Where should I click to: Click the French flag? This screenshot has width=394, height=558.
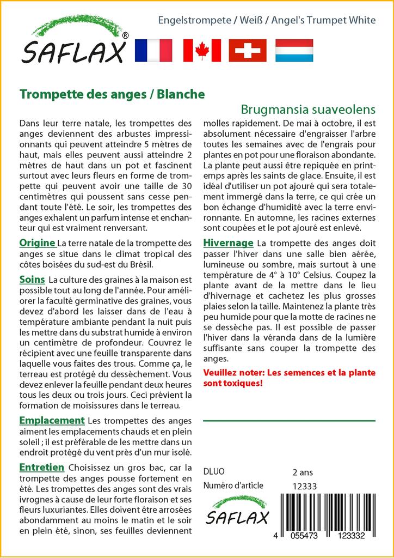click(152, 50)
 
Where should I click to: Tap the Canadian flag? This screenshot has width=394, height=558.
click(202, 50)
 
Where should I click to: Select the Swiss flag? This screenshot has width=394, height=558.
click(248, 50)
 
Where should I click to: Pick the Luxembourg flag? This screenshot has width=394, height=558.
click(294, 50)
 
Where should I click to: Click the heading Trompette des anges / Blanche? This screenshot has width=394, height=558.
click(112, 94)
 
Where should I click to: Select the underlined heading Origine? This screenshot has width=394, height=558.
click(37, 242)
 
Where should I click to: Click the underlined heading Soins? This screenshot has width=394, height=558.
click(32, 279)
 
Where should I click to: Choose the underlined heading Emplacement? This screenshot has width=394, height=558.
click(52, 420)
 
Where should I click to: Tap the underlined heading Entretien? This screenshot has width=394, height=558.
click(42, 467)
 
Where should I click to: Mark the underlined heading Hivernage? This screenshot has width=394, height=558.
click(228, 242)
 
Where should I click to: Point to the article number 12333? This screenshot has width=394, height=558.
click(305, 486)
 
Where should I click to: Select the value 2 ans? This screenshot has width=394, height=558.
click(303, 471)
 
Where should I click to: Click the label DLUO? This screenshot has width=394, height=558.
click(213, 471)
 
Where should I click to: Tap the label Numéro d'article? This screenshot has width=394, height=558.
click(233, 486)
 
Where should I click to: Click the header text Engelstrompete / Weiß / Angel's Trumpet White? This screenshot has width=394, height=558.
click(267, 21)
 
